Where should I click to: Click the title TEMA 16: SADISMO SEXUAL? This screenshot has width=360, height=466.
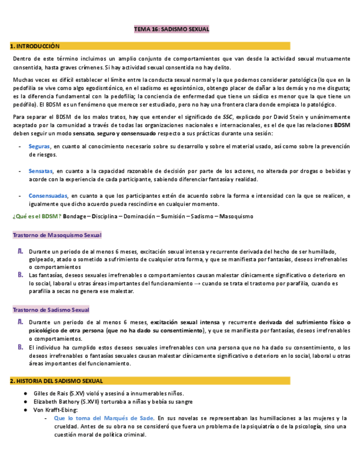pyautogui.click(x=172, y=29)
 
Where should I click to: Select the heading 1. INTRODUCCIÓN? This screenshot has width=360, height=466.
pyautogui.click(x=36, y=47)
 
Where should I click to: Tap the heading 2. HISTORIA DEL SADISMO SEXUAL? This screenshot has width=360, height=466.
pyautogui.click(x=57, y=381)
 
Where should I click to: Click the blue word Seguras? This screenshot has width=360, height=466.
pyautogui.click(x=40, y=147)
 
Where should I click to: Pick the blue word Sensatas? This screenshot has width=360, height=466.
pyautogui.click(x=41, y=171)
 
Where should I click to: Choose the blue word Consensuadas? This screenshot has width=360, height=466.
pyautogui.click(x=48, y=196)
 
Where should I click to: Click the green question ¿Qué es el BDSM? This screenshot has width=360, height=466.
pyautogui.click(x=37, y=216)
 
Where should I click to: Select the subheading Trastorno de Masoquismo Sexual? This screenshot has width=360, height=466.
pyautogui.click(x=57, y=235)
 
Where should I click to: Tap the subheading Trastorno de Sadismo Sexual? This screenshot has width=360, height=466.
pyautogui.click(x=51, y=310)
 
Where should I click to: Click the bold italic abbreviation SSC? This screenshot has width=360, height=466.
pyautogui.click(x=228, y=117)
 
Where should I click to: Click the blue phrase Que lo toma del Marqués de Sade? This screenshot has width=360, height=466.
pyautogui.click(x=102, y=418)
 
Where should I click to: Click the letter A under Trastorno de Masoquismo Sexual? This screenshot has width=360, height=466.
pyautogui.click(x=20, y=251)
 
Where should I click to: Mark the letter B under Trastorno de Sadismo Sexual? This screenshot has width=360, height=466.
pyautogui.click(x=20, y=347)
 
